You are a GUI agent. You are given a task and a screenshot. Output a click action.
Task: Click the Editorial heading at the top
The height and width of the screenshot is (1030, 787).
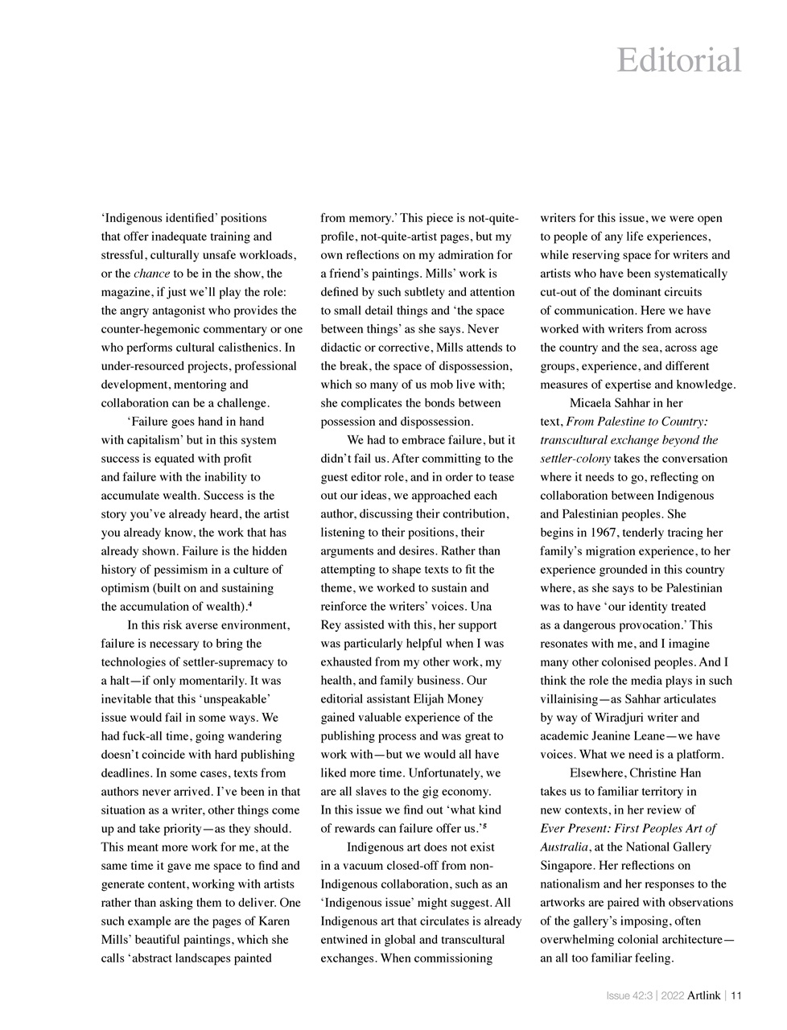click(678, 60)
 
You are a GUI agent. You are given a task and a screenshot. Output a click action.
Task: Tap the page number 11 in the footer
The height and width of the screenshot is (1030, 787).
click(735, 995)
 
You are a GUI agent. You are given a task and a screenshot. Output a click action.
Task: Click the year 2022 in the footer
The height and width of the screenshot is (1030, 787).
click(673, 995)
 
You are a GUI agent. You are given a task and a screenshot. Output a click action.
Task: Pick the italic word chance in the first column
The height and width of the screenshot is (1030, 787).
click(151, 274)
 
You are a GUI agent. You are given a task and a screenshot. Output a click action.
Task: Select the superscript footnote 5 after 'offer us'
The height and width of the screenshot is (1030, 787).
click(483, 826)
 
